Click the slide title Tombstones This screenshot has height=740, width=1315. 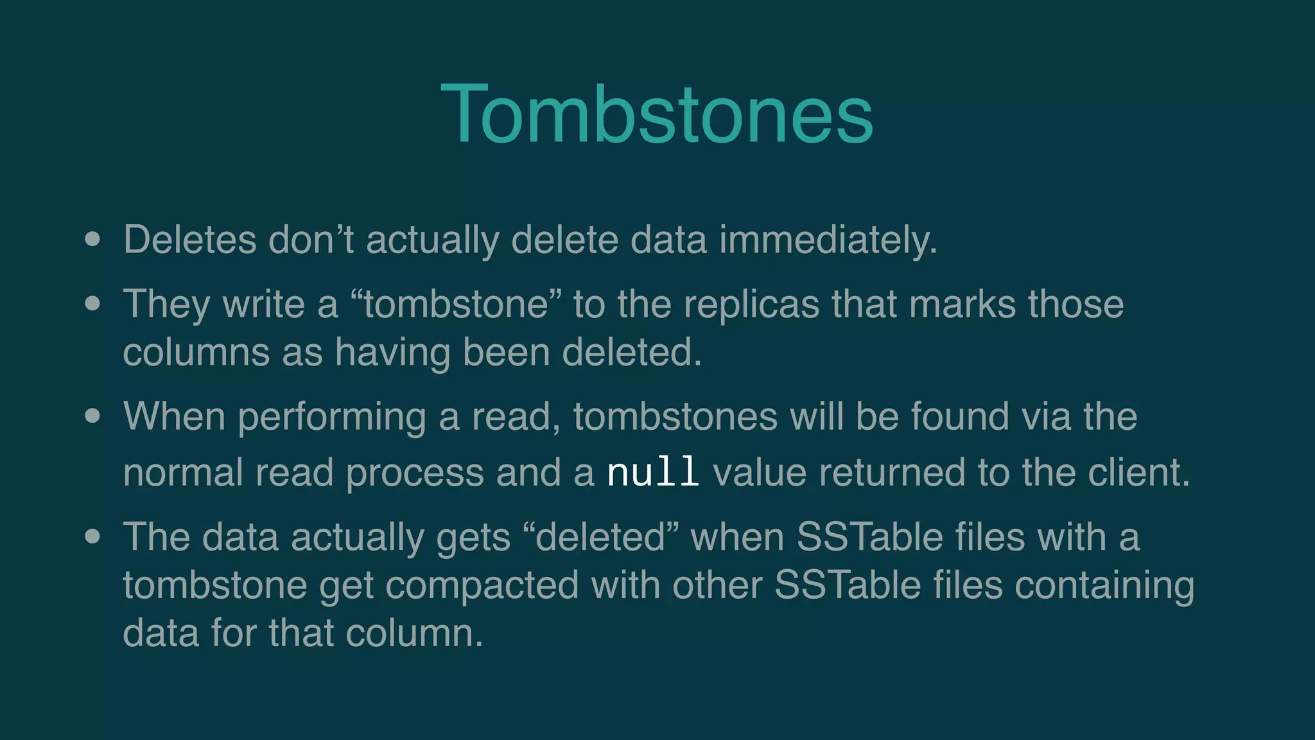[x=656, y=114]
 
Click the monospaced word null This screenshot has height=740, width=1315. [x=653, y=472]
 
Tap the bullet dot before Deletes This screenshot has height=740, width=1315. [x=92, y=240]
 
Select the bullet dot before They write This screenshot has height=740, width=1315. [x=92, y=303]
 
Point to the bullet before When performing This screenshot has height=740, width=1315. [x=92, y=416]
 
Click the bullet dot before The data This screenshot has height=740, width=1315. [x=92, y=536]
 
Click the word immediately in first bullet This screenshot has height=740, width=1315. [x=828, y=240]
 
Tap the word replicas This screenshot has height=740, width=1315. [x=751, y=303]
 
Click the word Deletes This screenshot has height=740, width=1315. [x=189, y=240]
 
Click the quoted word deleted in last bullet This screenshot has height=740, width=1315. [x=600, y=536]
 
